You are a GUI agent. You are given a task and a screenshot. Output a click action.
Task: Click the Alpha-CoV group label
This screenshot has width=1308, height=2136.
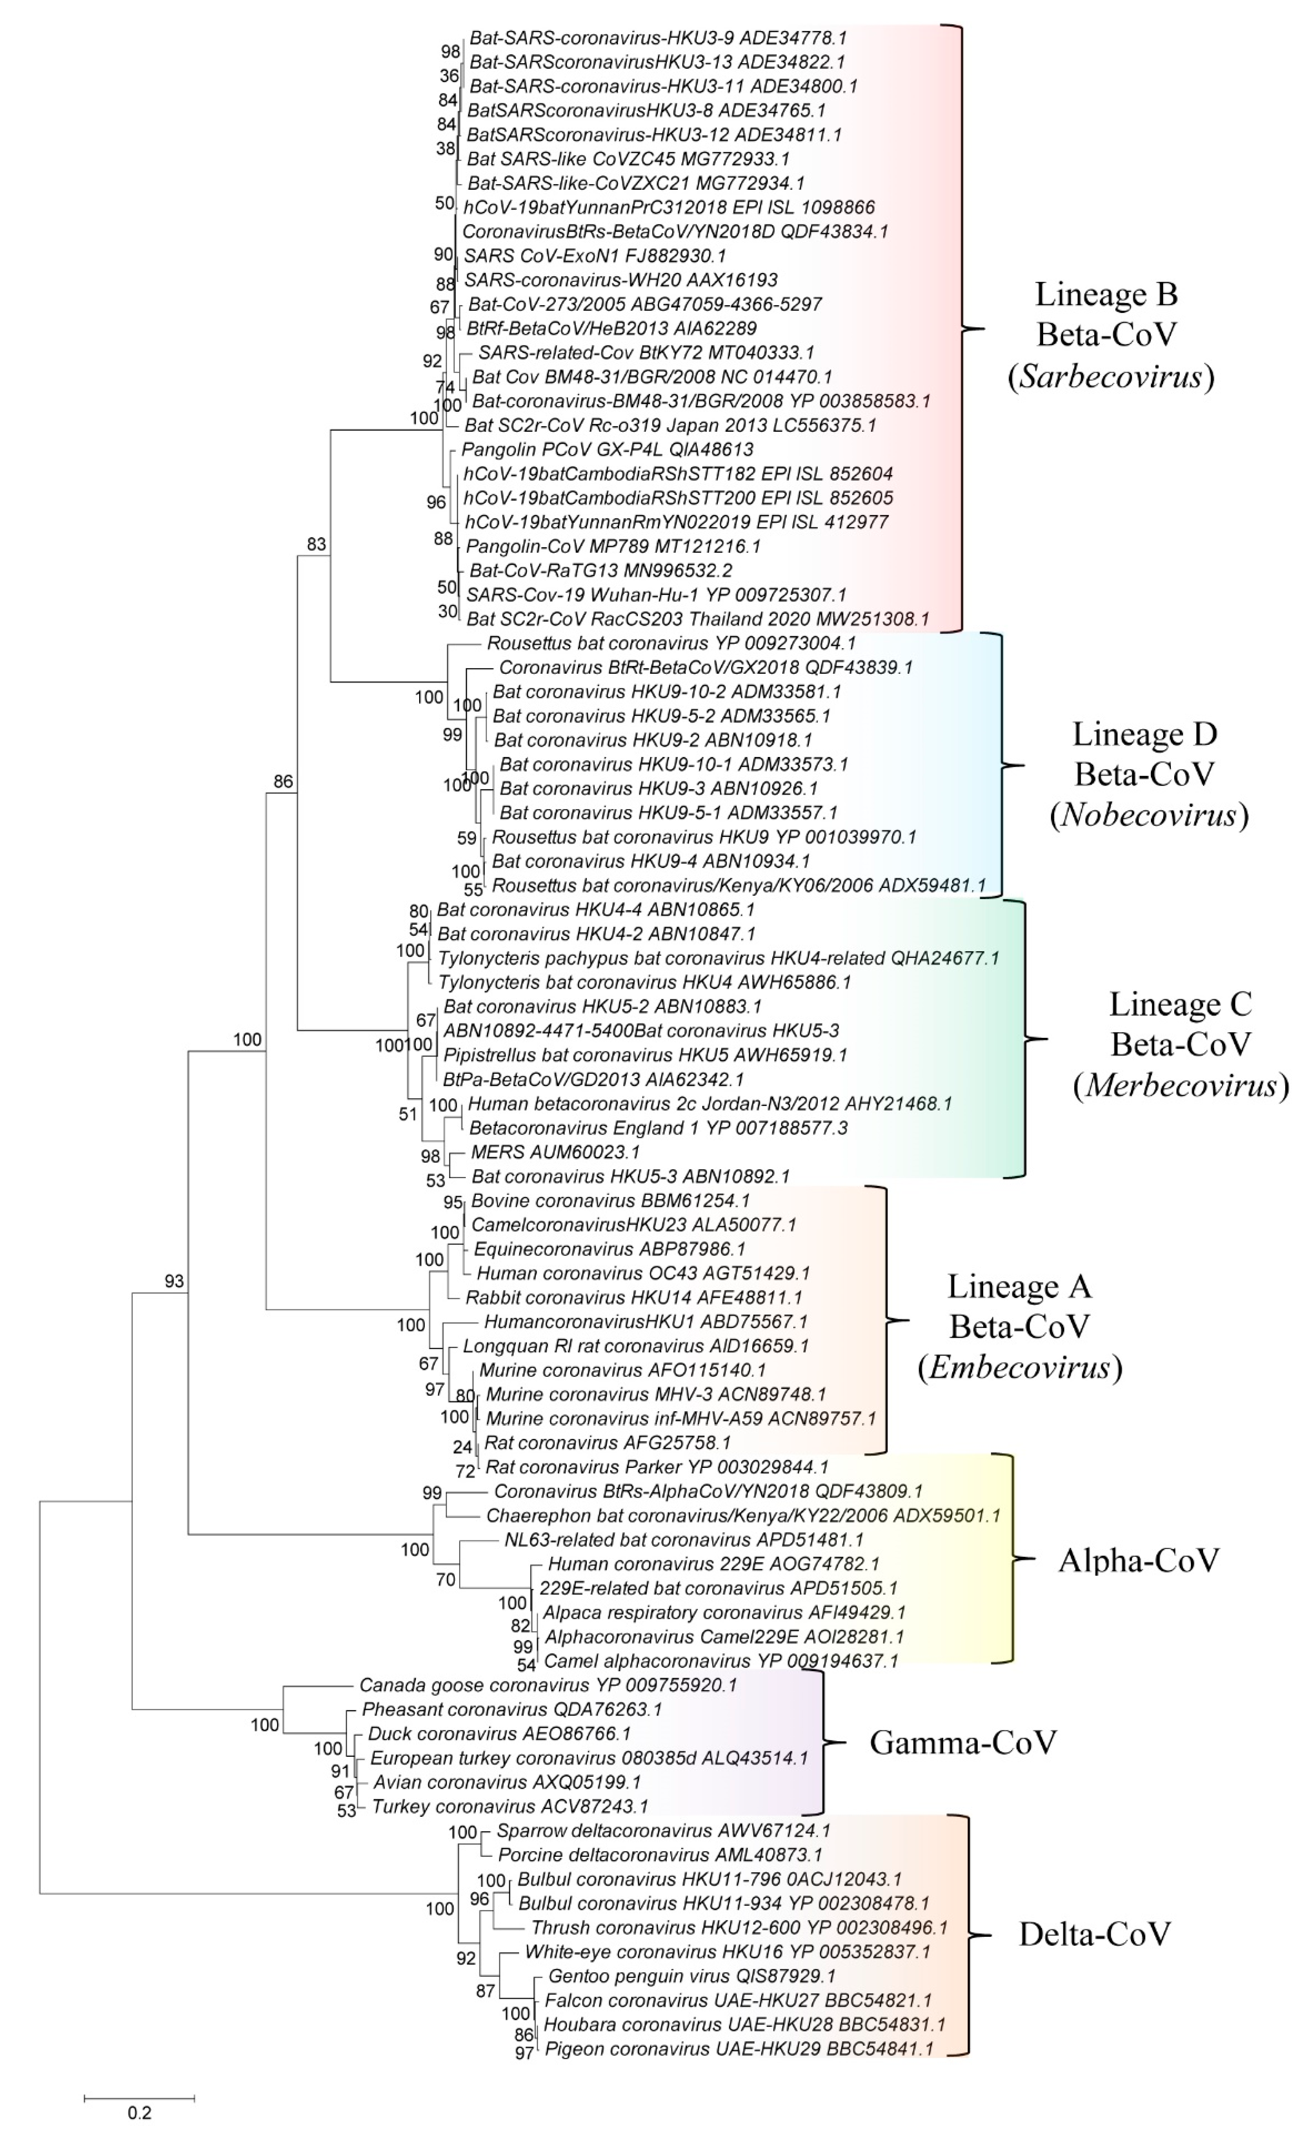coord(1138,1559)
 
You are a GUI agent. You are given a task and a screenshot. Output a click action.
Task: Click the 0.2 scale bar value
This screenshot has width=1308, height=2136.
coord(139,2112)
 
